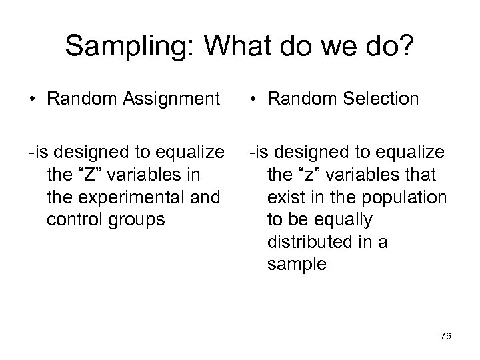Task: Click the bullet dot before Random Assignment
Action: [31, 100]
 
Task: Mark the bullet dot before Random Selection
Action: [254, 100]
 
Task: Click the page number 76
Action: [446, 337]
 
